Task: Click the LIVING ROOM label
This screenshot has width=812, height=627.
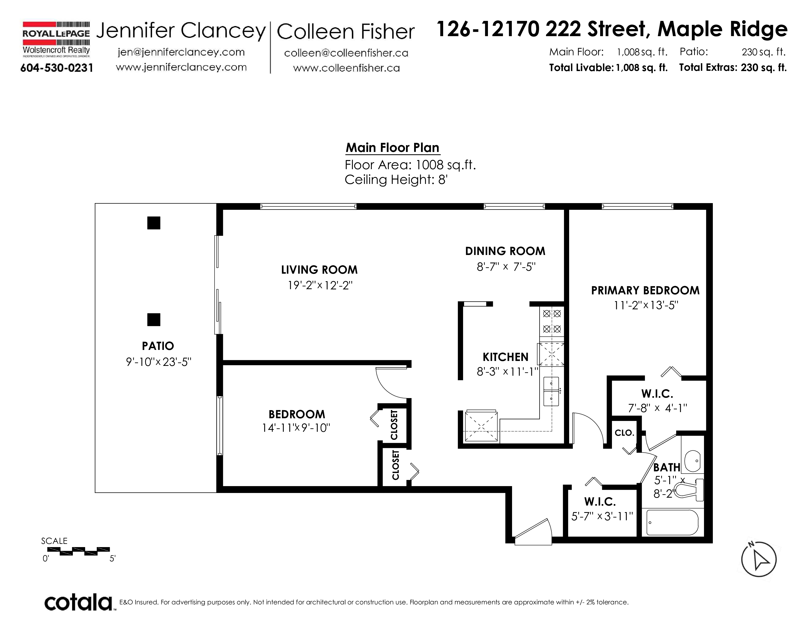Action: tap(319, 270)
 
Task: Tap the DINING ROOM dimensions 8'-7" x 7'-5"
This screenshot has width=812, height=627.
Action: tap(506, 267)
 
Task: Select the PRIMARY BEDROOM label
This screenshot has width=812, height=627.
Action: tap(645, 290)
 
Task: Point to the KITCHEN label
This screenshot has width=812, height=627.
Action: tap(505, 357)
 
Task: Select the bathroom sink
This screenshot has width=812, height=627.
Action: tap(693, 461)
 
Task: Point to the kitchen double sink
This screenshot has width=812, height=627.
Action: tap(551, 391)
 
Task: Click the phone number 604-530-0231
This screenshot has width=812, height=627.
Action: tap(57, 68)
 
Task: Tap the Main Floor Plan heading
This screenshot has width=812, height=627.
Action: tap(393, 148)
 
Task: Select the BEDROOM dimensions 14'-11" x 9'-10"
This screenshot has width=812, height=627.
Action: tap(296, 428)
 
